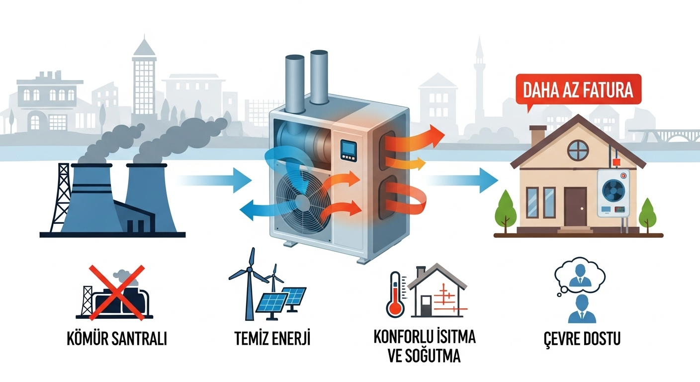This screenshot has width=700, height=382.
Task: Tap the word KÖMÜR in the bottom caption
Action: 87,338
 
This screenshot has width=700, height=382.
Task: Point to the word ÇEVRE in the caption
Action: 563,339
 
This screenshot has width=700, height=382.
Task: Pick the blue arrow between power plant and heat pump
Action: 216,181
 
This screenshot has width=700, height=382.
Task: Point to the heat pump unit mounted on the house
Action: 613,193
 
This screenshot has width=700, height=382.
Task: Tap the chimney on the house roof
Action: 538,136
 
